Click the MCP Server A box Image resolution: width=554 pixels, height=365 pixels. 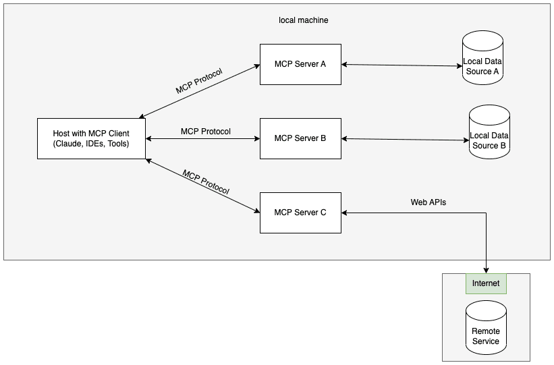click(x=300, y=64)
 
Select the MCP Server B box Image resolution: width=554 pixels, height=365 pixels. click(x=300, y=138)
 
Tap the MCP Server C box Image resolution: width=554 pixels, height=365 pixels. click(x=300, y=213)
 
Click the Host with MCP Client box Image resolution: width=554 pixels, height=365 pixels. click(x=91, y=138)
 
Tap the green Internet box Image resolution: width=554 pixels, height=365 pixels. click(x=486, y=283)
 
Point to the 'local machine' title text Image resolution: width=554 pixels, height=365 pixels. click(x=304, y=20)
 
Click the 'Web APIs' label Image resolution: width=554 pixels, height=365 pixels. click(x=428, y=202)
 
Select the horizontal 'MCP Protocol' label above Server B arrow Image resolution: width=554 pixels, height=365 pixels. click(x=206, y=131)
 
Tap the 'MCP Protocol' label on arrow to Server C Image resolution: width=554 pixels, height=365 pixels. click(x=206, y=181)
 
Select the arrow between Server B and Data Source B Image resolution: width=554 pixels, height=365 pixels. click(x=405, y=140)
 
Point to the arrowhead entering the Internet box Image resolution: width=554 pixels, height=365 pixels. click(x=486, y=270)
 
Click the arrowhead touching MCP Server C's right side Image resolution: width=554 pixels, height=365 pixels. click(x=345, y=213)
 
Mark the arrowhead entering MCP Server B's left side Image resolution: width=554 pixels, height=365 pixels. click(x=256, y=139)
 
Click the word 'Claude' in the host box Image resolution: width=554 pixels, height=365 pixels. click(x=69, y=144)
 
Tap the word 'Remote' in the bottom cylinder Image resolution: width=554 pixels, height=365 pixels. click(x=486, y=331)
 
